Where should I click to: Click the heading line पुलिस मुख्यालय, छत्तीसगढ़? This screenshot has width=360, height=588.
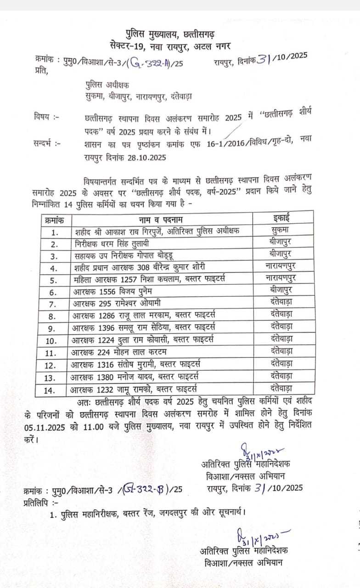[x=170, y=34]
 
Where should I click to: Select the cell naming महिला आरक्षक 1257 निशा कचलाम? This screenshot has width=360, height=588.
[x=152, y=280]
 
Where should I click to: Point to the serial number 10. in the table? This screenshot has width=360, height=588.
[x=55, y=341]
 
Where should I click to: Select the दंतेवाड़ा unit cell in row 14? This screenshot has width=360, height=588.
[x=281, y=388]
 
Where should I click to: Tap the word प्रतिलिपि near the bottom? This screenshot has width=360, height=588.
[x=37, y=503]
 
